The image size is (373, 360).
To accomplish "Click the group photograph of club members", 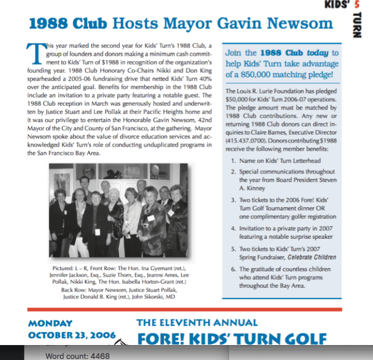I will click(118, 211).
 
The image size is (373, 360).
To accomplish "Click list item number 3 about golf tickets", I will click(283, 207).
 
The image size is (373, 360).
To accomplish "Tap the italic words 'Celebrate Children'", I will click(313, 257).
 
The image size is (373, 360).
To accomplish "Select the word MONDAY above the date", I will click(50, 323).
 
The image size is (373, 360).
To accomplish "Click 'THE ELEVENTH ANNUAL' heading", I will click(197, 323).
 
